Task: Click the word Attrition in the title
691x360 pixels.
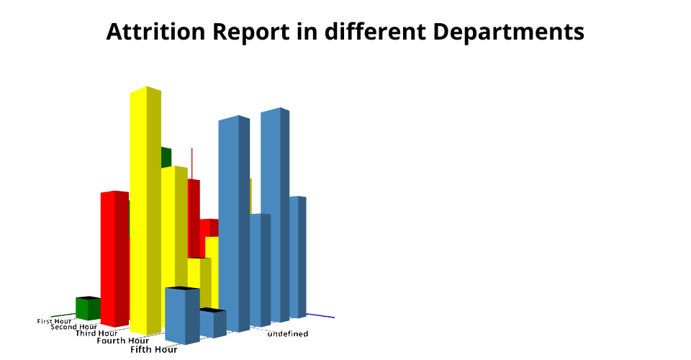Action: [x=155, y=32]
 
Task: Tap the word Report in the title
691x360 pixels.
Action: [x=250, y=32]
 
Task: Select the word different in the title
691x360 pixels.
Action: [x=375, y=32]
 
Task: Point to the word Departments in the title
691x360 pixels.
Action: [x=509, y=32]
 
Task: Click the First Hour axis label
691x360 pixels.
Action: [x=54, y=321]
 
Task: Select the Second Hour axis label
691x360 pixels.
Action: [x=73, y=327]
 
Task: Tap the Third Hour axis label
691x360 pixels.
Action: [x=96, y=333]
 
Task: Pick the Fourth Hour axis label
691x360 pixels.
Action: [x=123, y=341]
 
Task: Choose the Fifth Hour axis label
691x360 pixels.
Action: [x=154, y=349]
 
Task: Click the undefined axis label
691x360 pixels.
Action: [x=288, y=334]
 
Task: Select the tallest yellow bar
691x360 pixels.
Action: [x=145, y=211]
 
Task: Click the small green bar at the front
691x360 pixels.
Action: [x=88, y=308]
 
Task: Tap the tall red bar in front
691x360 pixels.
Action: [x=114, y=259]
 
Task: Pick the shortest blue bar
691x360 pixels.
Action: [x=213, y=323]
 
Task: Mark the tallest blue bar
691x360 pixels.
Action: [x=275, y=215]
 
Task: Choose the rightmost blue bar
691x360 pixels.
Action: [x=298, y=257]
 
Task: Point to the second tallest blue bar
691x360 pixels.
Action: [x=234, y=223]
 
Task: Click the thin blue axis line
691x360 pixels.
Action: [x=320, y=315]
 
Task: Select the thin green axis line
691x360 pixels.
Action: [x=63, y=315]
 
